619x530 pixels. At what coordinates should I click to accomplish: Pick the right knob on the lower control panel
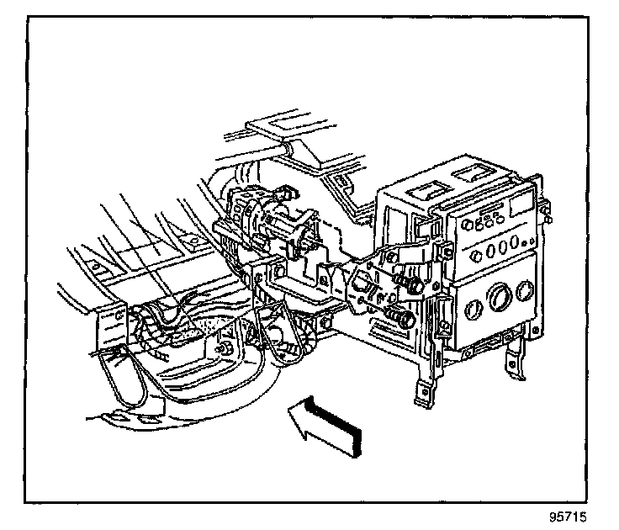(x=526, y=290)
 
